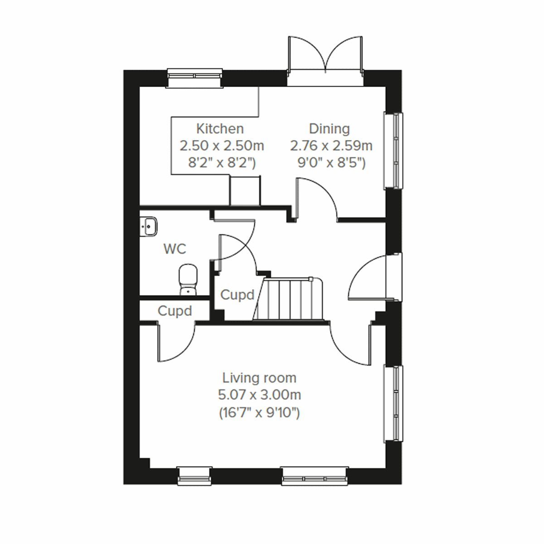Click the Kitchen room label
(220, 129)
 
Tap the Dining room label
(330, 129)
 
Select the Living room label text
(259, 378)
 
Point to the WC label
(175, 249)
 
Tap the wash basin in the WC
(149, 226)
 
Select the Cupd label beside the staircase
(237, 295)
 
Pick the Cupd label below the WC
(175, 311)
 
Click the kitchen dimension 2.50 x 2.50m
(222, 146)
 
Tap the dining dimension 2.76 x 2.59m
(331, 146)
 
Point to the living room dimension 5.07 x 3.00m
(259, 395)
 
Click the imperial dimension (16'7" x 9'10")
(259, 413)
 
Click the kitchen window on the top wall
(195, 77)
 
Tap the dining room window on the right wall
(393, 150)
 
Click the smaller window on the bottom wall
(194, 476)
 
